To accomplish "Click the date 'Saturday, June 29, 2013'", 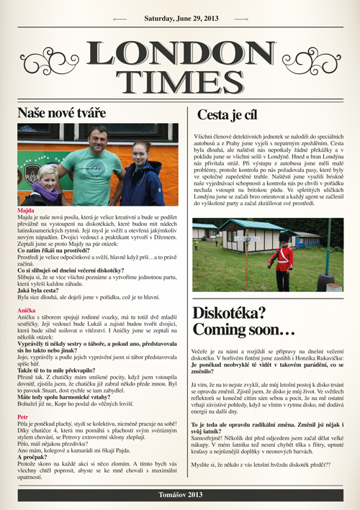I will (179, 17).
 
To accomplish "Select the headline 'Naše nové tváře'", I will (61, 114).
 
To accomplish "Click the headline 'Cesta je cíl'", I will (228, 115).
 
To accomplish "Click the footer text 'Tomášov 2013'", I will (179, 495).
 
